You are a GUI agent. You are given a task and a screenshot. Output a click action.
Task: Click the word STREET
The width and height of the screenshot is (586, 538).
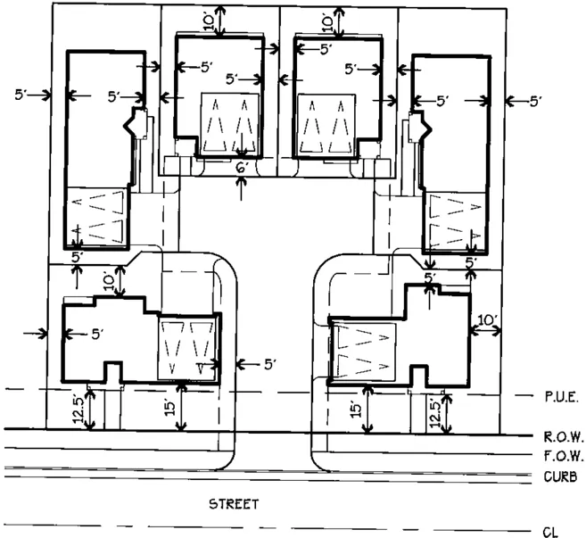tap(234, 504)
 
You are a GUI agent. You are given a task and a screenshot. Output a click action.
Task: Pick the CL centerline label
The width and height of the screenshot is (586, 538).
tap(549, 531)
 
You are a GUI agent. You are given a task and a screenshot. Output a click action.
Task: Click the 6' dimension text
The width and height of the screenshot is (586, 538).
tap(241, 167)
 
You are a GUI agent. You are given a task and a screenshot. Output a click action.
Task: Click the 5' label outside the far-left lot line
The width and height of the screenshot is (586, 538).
tap(21, 93)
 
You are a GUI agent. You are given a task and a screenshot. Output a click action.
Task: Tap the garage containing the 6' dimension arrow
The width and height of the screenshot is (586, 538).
tap(229, 124)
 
